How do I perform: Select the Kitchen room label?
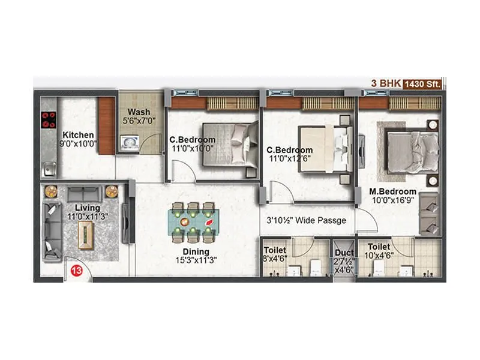78,135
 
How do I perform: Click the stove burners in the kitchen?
48,121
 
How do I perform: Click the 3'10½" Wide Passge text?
306,221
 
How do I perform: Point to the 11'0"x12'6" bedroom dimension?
290,160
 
